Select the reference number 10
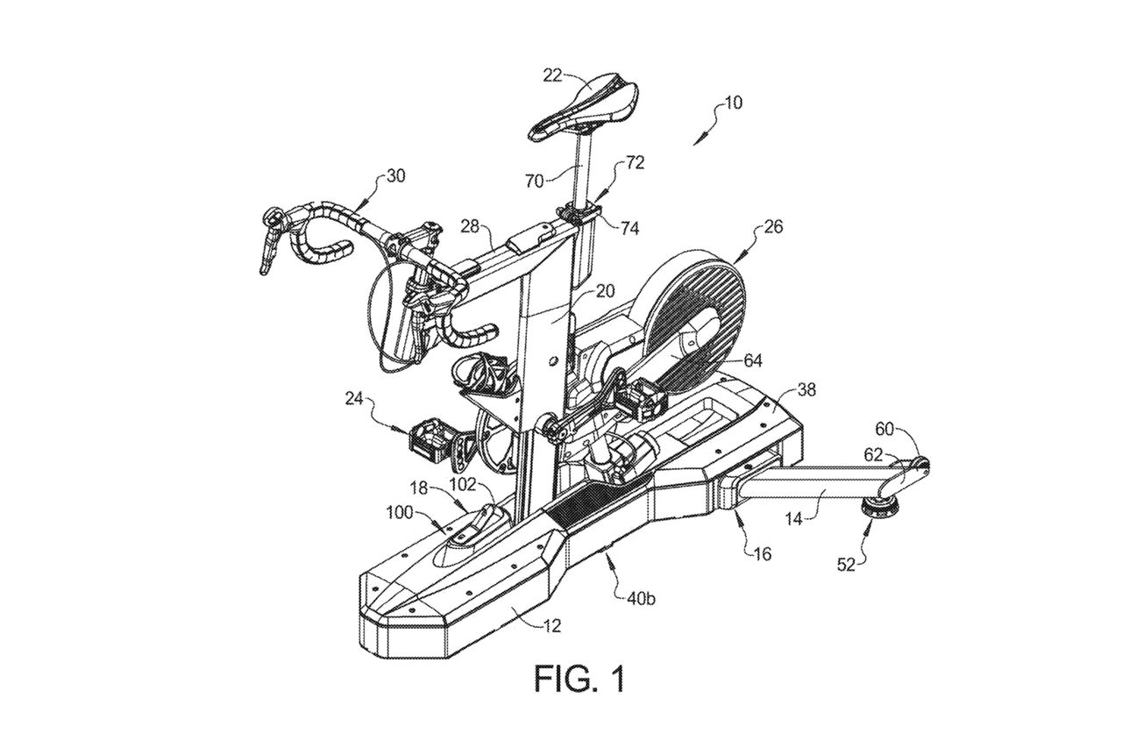[732, 103]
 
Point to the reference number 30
[395, 175]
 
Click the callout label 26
[772, 227]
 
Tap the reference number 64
[753, 360]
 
